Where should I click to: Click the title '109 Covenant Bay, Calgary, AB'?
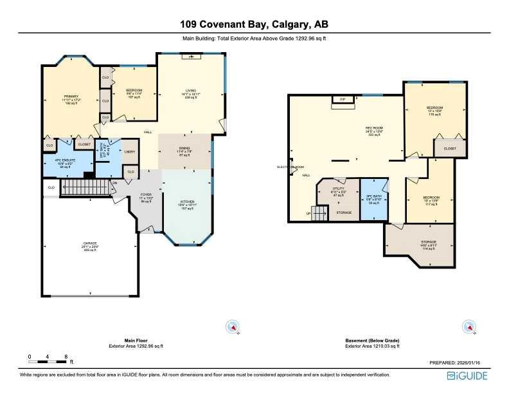coord(254,25)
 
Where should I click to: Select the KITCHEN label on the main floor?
coord(186,205)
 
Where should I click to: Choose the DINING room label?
coord(184,149)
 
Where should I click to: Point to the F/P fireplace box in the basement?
coord(343,99)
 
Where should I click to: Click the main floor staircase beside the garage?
coord(85,189)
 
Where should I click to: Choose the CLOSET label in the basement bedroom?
coord(450,149)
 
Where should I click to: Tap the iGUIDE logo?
coord(469,375)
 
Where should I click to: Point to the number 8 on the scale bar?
coord(66,356)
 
